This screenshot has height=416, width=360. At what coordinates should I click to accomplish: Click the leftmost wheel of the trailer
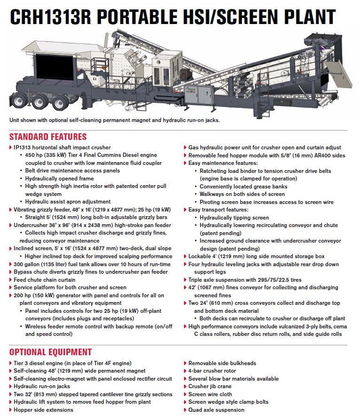click(x=18, y=101)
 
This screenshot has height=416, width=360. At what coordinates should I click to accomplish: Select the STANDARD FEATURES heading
click(x=48, y=137)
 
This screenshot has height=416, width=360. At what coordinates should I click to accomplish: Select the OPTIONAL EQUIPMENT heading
click(x=50, y=352)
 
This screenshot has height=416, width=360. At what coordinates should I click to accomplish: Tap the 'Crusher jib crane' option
click(x=210, y=386)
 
